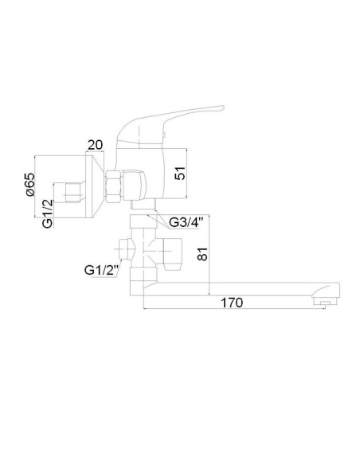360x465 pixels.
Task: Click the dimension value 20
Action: pos(96,145)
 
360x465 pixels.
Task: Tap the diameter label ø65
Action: pos(30,185)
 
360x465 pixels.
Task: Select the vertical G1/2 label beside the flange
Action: pos(48,213)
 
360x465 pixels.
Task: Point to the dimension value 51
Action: pos(180,174)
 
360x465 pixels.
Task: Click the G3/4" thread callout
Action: pos(186,222)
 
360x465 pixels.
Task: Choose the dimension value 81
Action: pos(202,254)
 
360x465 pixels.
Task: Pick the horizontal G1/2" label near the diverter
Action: pos(101,270)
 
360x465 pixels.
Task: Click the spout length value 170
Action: pos(232,303)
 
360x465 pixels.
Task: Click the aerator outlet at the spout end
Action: pos(325,303)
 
